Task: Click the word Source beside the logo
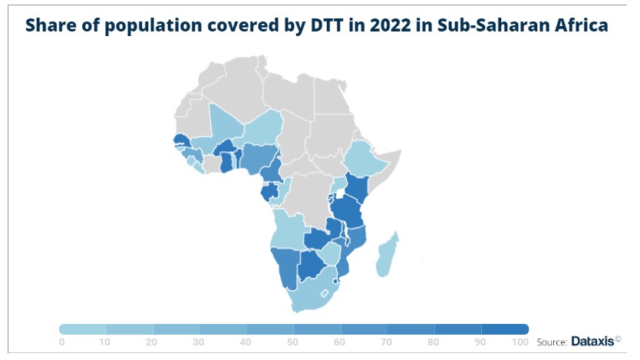click(x=551, y=342)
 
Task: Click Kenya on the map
click(x=358, y=187)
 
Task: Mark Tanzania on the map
click(x=349, y=210)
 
